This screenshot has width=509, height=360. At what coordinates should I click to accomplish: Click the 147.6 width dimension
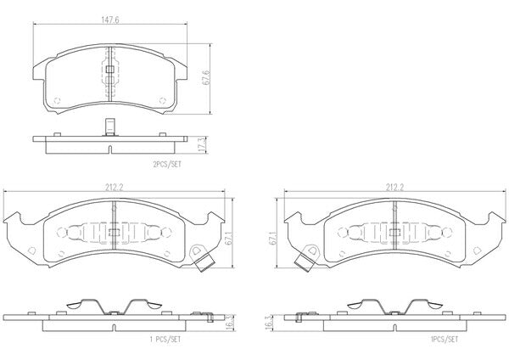tap(110, 20)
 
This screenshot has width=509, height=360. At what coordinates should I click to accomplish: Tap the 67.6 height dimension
tap(205, 77)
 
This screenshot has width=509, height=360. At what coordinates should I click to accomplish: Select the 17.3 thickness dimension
tap(202, 144)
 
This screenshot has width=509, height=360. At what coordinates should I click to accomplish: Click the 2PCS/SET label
tap(167, 165)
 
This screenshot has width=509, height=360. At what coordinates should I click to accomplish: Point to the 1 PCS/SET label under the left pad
tap(165, 340)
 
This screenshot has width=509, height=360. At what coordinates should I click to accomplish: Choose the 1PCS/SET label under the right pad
tap(445, 340)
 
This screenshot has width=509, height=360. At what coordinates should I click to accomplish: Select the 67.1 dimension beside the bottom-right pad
tap(272, 238)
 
